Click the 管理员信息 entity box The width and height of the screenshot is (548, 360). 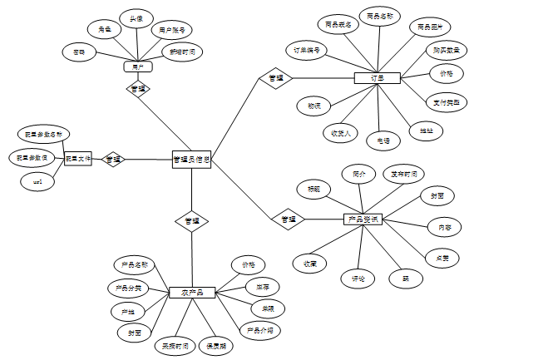coord(191,159)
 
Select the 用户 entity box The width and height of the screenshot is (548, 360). coord(138,66)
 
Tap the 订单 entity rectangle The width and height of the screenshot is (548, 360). coord(378,78)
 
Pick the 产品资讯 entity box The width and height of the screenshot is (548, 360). coord(363,219)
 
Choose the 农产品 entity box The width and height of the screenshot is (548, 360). coord(192,293)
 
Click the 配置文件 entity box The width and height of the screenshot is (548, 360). coord(78,158)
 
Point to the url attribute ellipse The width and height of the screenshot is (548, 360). coord(37,181)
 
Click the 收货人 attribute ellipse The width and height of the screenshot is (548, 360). coord(341,131)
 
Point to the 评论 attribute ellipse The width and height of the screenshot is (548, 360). coord(358,279)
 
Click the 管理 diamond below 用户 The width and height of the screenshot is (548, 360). coord(138,88)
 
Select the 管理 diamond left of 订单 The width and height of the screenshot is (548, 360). coord(274,78)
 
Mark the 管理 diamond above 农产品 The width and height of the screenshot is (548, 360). coord(191,221)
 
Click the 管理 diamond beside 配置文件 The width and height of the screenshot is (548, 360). coord(113,159)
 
